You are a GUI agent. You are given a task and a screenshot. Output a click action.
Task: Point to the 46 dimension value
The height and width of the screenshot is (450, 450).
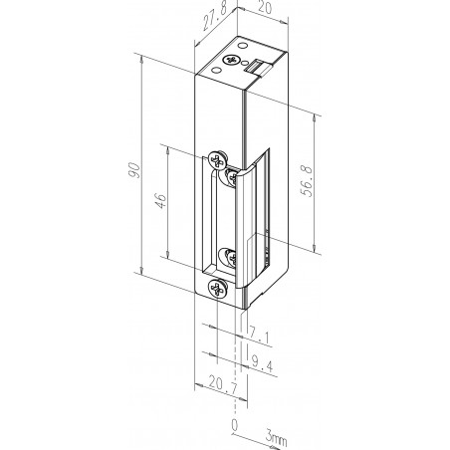(159, 199)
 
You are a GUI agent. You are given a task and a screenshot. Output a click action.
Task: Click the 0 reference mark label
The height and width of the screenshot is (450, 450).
(235, 424)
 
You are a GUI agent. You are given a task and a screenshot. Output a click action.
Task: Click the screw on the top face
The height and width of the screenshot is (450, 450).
(234, 62)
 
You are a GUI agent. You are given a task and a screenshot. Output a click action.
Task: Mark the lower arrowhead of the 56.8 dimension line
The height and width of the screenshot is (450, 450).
(316, 251)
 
